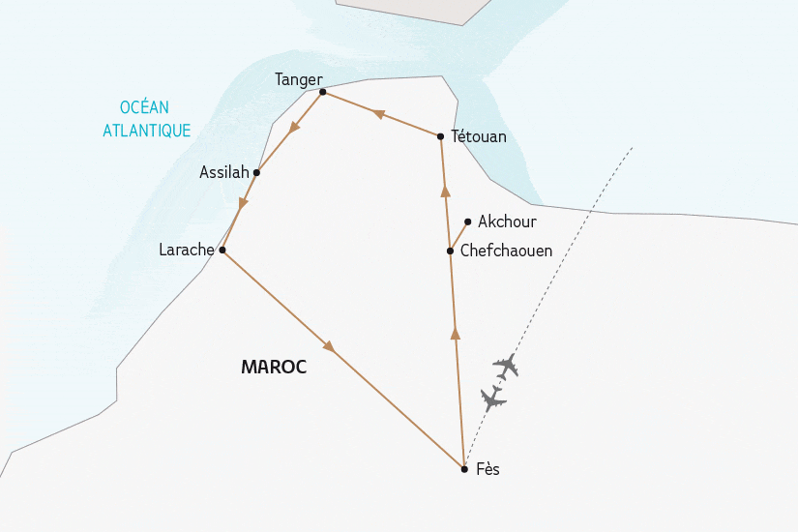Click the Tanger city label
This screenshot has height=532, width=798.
pos(298,79)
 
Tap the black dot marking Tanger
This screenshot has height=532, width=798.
pos(322,92)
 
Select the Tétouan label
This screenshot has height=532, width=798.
pos(479,136)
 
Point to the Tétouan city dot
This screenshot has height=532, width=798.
pos(440,136)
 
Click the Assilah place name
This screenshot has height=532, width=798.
pos(223,172)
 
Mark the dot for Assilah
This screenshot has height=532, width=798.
pos(256,172)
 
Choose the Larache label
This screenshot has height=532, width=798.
pos(187,250)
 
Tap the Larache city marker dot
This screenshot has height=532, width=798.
pos(222,250)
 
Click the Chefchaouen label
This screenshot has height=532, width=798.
pos(506,251)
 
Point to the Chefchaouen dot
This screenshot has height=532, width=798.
pos(450,251)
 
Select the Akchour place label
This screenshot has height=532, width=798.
pos(507,222)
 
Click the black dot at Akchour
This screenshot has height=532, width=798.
pos(467,222)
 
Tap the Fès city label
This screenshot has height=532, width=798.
pos(488,469)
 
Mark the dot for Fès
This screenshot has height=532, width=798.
pos(464,469)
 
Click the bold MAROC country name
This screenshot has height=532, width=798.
pos(274,368)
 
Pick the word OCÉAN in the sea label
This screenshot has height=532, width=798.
pos(144,107)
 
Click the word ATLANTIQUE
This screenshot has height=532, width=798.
pos(147,131)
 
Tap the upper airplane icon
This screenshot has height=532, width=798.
pos(506,367)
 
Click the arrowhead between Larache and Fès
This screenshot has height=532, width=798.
pos(330,345)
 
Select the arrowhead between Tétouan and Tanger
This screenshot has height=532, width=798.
pos(379,114)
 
